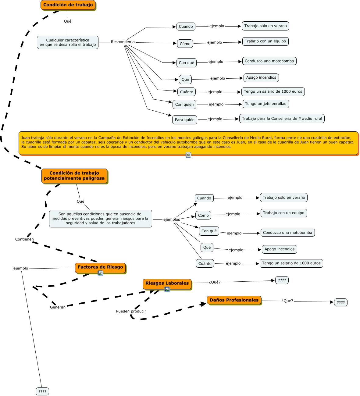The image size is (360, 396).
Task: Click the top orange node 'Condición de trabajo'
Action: point(68,5)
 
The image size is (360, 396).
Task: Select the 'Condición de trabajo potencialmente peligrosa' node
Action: point(74,176)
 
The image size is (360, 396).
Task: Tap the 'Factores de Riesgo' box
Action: point(100,267)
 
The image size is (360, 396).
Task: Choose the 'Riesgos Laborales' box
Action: point(167,283)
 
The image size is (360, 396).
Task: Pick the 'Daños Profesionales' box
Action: point(234,300)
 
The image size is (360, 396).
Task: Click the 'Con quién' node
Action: point(184,104)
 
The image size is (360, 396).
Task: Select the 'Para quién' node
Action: point(185,120)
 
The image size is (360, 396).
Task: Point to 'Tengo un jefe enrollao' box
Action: point(266,104)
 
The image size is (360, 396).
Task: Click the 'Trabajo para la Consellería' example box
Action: point(282,119)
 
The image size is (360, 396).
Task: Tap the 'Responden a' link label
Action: point(123,42)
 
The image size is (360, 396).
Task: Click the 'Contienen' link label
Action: point(24,239)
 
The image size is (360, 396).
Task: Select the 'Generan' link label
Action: point(58,307)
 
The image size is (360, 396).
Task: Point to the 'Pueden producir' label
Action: point(131,311)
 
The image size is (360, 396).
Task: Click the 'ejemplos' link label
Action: point(172,219)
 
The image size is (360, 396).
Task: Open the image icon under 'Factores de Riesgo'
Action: point(100,273)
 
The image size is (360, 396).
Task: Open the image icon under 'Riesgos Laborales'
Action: point(167,289)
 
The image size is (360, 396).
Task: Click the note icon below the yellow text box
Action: point(188,155)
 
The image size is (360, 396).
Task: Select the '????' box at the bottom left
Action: point(42,391)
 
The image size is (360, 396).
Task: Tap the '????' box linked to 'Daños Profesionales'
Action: point(341,302)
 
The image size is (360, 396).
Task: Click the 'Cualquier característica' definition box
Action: point(68,42)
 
